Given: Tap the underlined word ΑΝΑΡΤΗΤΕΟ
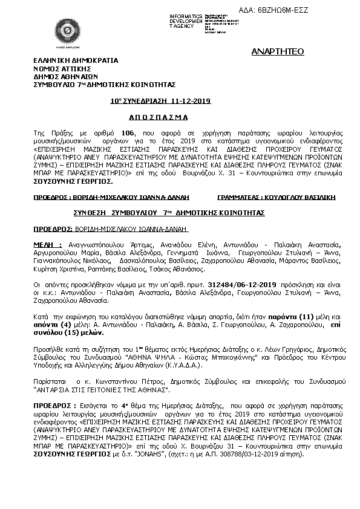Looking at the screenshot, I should (277, 53).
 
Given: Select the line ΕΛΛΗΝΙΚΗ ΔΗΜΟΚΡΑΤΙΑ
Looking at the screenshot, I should (76, 60).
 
